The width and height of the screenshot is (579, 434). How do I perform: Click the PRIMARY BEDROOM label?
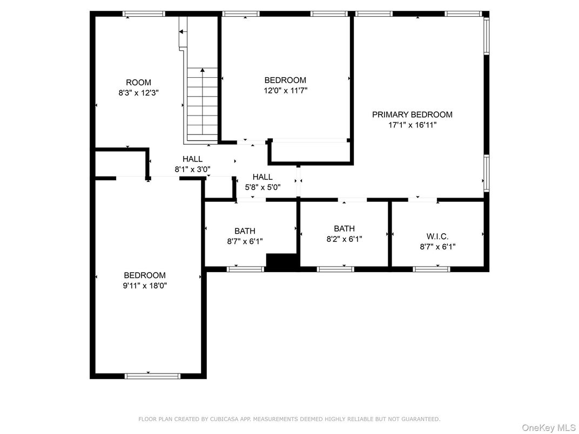pos(412,114)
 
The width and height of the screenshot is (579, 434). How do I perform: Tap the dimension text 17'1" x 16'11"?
pos(412,125)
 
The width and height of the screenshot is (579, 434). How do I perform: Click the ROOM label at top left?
pos(138,83)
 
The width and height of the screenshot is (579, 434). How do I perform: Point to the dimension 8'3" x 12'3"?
pos(138,93)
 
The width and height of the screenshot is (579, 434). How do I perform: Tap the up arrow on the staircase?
pos(203,71)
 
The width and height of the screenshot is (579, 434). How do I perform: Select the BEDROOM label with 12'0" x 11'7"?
pos(285,80)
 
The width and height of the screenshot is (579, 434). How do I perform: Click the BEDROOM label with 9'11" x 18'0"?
pos(144,275)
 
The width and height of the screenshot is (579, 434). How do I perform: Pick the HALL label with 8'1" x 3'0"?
pos(192,159)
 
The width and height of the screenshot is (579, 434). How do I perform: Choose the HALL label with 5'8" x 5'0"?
pos(262,177)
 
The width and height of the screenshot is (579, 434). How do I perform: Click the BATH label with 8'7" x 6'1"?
pos(245,231)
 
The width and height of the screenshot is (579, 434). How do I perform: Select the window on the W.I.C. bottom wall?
pos(431,269)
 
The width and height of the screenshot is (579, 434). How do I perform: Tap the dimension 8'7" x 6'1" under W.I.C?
pos(437,247)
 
